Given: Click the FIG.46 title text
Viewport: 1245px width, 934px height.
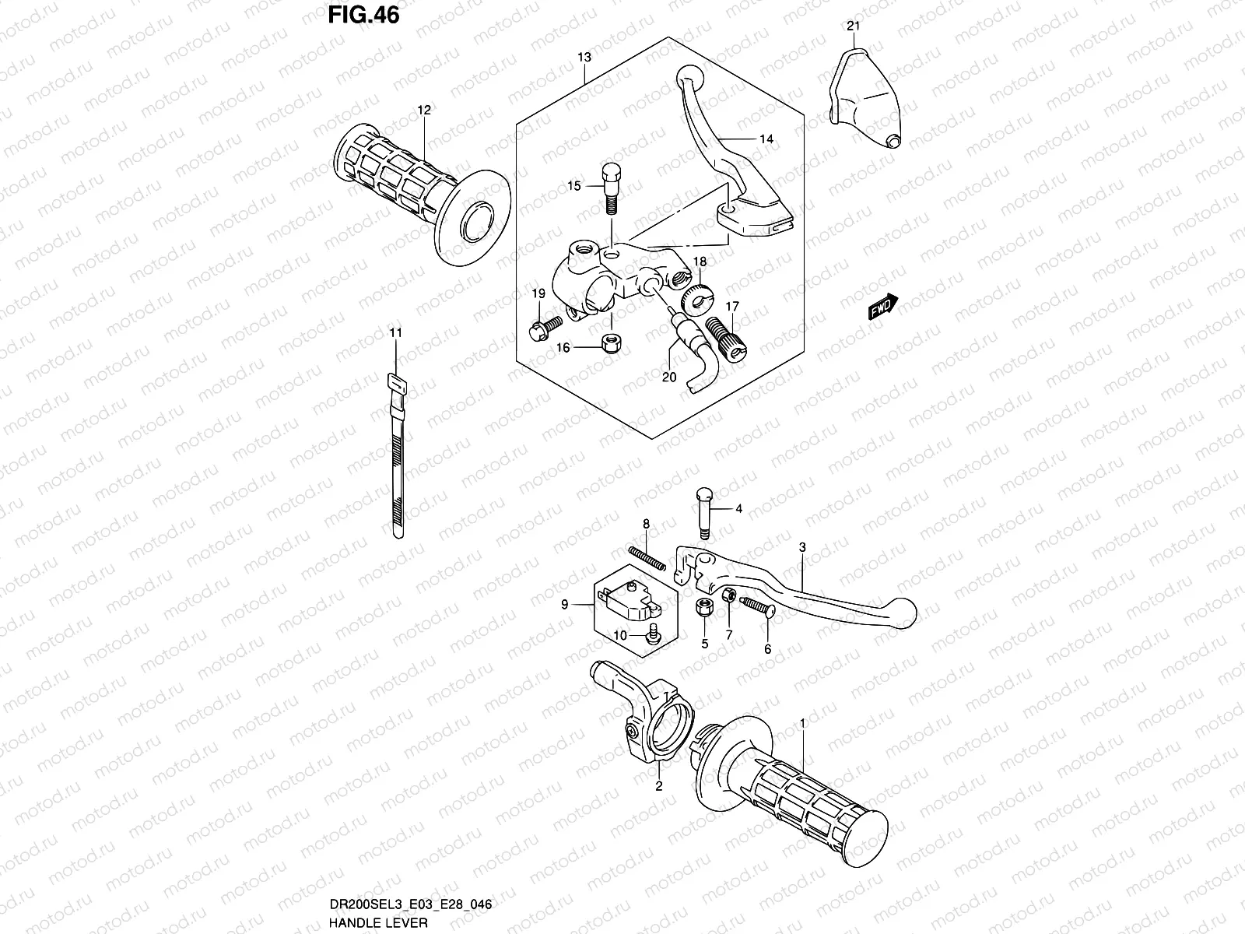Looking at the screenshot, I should tap(363, 15).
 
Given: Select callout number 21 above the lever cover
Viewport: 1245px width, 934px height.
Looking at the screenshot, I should tap(854, 26).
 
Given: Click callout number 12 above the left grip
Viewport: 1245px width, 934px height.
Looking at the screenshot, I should tap(423, 111).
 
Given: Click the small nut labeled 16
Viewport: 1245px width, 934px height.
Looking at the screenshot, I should tap(612, 343).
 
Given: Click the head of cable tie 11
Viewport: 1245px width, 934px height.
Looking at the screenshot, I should tap(396, 381).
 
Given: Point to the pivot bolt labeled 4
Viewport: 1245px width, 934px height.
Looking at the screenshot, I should tap(703, 511).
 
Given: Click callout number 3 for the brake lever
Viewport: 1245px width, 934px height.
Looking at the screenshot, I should tap(802, 547).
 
